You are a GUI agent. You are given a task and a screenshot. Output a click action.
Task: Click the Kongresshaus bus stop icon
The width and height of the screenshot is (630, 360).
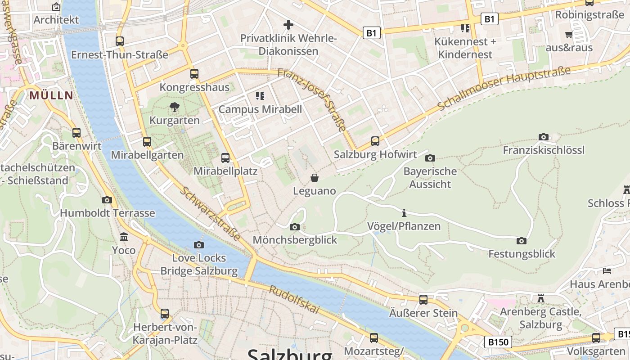click(x=194, y=74)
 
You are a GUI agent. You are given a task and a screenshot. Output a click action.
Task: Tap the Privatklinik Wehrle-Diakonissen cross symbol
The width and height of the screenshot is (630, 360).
click(x=288, y=24)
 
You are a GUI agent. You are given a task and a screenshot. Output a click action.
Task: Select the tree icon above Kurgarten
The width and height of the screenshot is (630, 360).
click(x=175, y=107)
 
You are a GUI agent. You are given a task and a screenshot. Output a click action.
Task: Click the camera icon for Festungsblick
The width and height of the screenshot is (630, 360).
click(x=522, y=241)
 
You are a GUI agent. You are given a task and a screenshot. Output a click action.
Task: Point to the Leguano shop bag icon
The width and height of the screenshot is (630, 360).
click(x=315, y=178)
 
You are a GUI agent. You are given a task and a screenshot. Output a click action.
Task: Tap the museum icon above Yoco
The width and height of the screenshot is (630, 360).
click(x=124, y=237)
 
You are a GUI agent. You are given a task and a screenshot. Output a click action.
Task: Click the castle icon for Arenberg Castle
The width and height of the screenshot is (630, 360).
click(x=540, y=298)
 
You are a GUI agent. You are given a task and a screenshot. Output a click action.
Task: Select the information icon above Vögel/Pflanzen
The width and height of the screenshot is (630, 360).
click(x=404, y=213)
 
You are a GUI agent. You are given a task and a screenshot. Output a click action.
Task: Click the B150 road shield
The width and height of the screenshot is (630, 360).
click(x=499, y=342)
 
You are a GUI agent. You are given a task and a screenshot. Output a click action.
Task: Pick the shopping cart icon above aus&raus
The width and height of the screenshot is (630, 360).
click(x=569, y=34)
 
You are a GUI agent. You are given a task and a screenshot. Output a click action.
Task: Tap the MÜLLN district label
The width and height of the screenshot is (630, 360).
click(x=51, y=95)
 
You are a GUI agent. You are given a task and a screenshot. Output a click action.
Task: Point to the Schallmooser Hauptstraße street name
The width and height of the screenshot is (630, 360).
click(x=504, y=88)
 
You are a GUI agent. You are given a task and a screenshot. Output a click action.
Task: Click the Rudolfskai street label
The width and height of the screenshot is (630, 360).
click(x=294, y=300)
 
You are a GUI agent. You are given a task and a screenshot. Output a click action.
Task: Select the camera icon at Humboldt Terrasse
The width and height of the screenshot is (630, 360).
click(x=107, y=200)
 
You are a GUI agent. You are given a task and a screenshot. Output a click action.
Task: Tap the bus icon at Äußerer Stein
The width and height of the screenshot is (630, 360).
click(x=423, y=300)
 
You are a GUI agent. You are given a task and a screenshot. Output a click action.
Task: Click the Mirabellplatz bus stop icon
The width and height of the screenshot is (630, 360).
click(x=225, y=158)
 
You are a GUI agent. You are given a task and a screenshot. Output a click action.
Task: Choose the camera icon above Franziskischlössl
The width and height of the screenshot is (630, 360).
click(x=544, y=137)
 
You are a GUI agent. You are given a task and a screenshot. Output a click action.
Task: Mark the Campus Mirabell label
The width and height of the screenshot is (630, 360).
click(x=260, y=109)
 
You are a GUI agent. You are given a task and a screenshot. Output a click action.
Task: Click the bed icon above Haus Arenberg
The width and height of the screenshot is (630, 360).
click(x=607, y=270)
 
